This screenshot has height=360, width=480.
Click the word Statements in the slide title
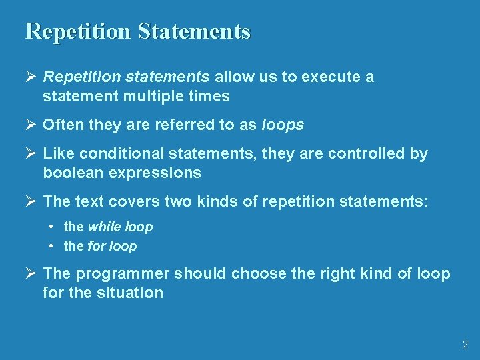click(x=195, y=32)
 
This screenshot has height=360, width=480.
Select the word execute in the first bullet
click(x=330, y=77)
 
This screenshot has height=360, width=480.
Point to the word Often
click(x=61, y=125)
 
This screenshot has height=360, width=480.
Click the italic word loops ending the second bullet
click(x=283, y=125)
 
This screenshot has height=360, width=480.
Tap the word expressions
click(x=160, y=173)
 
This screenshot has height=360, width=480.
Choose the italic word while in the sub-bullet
click(x=105, y=227)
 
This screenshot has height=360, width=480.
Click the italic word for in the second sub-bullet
click(x=97, y=247)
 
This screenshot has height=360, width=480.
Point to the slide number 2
click(x=465, y=345)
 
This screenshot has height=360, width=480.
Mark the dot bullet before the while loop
click(x=51, y=227)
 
